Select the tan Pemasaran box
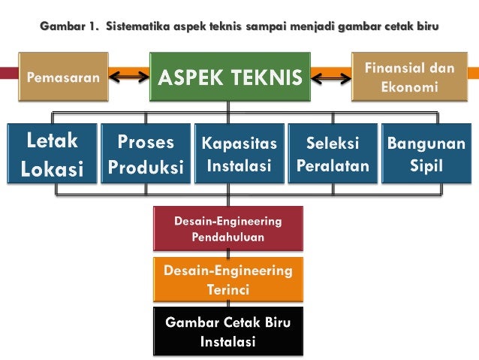point(62,77)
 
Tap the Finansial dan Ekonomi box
point(409,77)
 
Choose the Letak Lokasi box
point(52,154)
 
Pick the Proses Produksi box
point(146,154)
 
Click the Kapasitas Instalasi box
point(239,154)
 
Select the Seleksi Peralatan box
point(333,154)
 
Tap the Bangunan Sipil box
point(426,154)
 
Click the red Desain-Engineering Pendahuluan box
point(228,228)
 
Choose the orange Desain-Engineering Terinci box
point(228,278)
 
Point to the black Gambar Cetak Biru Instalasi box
point(228,331)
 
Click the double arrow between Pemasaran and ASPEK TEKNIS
point(130,75)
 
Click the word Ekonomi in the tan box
point(409,87)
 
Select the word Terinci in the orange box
point(228,289)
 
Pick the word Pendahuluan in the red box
point(228,237)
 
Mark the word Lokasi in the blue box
point(52,168)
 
